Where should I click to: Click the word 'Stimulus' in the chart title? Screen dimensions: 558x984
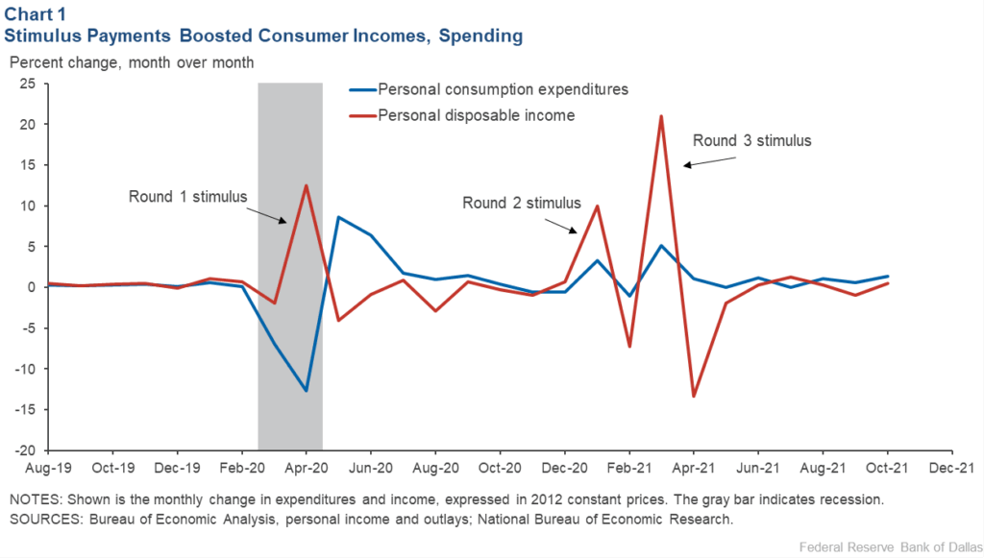[49, 36]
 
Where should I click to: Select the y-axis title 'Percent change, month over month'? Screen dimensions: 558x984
[132, 62]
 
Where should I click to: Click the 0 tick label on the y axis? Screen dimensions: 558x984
[34, 287]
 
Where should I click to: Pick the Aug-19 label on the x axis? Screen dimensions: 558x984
[48, 470]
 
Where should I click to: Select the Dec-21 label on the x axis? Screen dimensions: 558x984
[950, 470]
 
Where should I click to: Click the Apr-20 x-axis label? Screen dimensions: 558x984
[306, 470]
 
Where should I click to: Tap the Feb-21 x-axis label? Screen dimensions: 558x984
[628, 470]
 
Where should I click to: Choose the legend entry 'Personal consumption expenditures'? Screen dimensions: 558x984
[503, 89]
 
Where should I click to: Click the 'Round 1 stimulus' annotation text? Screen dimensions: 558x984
[188, 197]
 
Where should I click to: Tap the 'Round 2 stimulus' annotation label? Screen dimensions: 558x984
[522, 203]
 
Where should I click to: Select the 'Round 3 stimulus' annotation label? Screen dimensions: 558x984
[752, 140]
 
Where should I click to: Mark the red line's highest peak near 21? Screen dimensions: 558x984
[661, 116]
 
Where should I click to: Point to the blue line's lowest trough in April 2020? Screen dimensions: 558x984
[306, 391]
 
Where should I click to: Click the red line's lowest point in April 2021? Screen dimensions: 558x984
[693, 397]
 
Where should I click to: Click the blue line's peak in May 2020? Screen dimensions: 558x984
[338, 217]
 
